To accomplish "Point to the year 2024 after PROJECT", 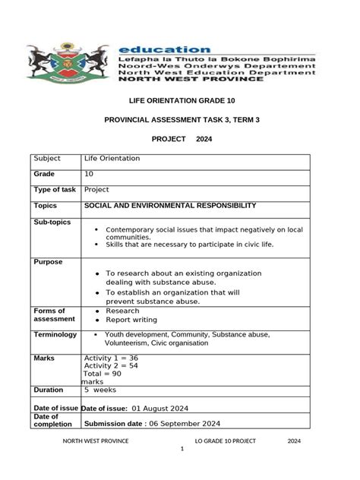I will [x=204, y=139].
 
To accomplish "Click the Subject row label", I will [x=46, y=159].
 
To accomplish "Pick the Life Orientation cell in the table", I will [x=112, y=159].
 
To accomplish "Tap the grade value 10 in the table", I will [x=89, y=174].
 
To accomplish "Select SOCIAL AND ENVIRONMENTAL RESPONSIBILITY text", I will [x=170, y=206].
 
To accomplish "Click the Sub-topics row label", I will [x=52, y=223].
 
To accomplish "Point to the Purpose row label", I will [x=48, y=262].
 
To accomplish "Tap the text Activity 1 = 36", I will [x=111, y=358].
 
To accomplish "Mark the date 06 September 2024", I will [x=185, y=424].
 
